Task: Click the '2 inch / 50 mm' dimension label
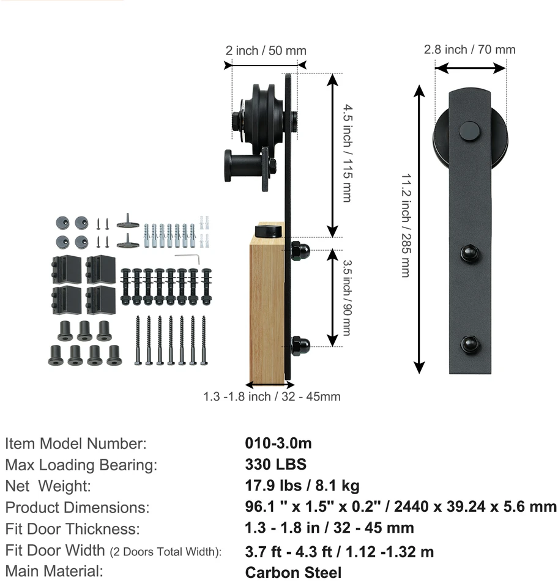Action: coord(266,50)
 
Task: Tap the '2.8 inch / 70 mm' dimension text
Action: coord(470,50)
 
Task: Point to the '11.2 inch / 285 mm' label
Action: coord(406,225)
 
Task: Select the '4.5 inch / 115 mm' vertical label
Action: coord(347,153)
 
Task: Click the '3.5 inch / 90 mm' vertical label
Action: coord(347,298)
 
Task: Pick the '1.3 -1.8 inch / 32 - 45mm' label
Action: coord(272,396)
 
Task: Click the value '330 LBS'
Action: coord(276,464)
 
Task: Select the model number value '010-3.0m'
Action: coord(278,443)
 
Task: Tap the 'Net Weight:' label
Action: coord(48,486)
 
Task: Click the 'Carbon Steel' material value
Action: coord(293,572)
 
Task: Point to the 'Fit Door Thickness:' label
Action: coord(73,529)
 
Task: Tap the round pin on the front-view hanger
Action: coord(469,131)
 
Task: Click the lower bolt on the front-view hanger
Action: coord(469,344)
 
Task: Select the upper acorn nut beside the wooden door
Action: coord(299,251)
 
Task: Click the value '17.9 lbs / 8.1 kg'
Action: coord(302,486)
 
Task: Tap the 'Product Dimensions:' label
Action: coord(77,507)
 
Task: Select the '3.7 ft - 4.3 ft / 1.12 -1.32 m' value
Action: coord(339,552)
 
